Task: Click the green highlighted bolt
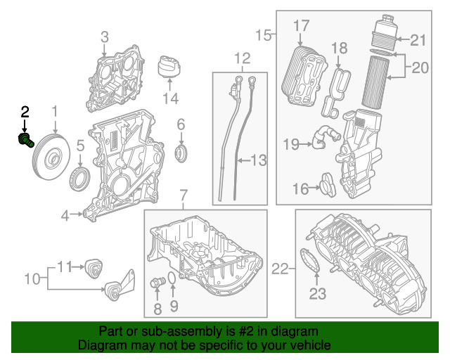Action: click(26, 140)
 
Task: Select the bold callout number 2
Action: click(25, 111)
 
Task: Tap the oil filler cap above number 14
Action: click(169, 67)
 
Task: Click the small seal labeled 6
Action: click(181, 153)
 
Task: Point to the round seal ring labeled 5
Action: click(79, 179)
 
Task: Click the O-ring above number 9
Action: click(172, 279)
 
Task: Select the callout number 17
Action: click(302, 25)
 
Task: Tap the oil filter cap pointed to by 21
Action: click(385, 31)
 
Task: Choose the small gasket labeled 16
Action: click(328, 185)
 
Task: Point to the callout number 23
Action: click(318, 293)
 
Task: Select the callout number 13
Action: click(259, 160)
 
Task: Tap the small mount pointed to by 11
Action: click(94, 268)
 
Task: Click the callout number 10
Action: click(32, 278)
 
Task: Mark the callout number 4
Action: click(65, 215)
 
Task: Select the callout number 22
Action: click(280, 269)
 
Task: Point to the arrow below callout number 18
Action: click(338, 62)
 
